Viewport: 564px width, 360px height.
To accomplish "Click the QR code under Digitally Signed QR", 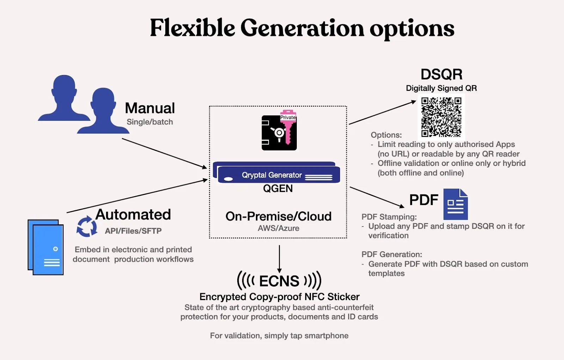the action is pyautogui.click(x=441, y=117).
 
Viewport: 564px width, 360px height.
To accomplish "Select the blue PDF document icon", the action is pyautogui.click(x=455, y=204).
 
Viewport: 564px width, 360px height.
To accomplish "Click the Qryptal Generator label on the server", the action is pyautogui.click(x=272, y=175).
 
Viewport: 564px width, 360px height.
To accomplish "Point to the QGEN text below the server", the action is pyautogui.click(x=278, y=188).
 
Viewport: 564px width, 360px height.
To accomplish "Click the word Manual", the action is pyautogui.click(x=150, y=108).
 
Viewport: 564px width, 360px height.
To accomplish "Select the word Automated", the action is pyautogui.click(x=133, y=214).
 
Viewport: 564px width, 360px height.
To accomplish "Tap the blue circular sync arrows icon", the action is pyautogui.click(x=87, y=226).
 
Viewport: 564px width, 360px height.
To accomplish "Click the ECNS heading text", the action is pyautogui.click(x=279, y=281).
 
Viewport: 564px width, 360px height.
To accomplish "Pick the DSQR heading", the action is pyautogui.click(x=441, y=74).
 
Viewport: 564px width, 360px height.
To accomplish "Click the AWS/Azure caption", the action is pyautogui.click(x=278, y=228).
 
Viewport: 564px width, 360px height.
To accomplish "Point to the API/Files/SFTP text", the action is pyautogui.click(x=133, y=231).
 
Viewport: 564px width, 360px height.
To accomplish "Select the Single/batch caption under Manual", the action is pyautogui.click(x=150, y=122).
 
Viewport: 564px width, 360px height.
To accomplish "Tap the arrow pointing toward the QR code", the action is pyautogui.click(x=382, y=112).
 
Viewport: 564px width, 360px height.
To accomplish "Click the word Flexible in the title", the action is pyautogui.click(x=192, y=28).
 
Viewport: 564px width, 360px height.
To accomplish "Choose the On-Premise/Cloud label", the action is pyautogui.click(x=278, y=216).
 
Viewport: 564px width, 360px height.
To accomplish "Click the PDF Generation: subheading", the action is pyautogui.click(x=392, y=254).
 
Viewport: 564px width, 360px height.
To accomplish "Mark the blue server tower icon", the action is pyautogui.click(x=45, y=247).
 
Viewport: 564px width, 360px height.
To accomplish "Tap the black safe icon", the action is pyautogui.click(x=279, y=132).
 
